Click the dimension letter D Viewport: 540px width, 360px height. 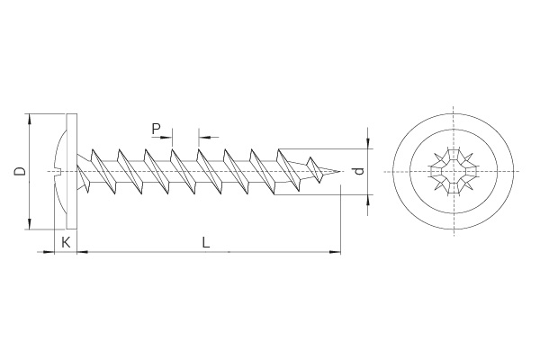[21, 171]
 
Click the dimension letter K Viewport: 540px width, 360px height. [66, 242]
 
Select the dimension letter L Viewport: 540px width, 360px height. [206, 242]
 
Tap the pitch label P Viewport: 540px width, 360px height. [156, 130]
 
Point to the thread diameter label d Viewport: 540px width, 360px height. [359, 171]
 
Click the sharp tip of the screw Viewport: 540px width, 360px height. [340, 172]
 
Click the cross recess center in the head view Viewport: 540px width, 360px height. [454, 171]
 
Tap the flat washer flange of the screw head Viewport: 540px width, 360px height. [71, 171]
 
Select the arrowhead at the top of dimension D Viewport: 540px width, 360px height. [30, 119]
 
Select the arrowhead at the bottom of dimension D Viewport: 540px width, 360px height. [30, 223]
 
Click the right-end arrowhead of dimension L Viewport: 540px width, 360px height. [335, 252]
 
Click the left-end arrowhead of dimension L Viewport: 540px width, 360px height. [82, 252]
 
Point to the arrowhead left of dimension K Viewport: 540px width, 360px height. [49, 252]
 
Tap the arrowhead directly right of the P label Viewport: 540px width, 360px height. [166, 138]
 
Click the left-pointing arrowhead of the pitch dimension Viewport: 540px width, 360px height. [204, 138]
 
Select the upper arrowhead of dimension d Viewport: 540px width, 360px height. [368, 143]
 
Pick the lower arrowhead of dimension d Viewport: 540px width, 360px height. [368, 200]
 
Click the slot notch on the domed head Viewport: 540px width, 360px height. [58, 171]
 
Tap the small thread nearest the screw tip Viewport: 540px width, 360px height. [315, 170]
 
